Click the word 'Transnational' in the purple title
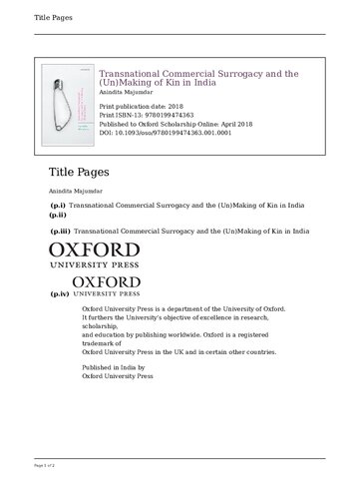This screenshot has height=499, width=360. click(x=136, y=74)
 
